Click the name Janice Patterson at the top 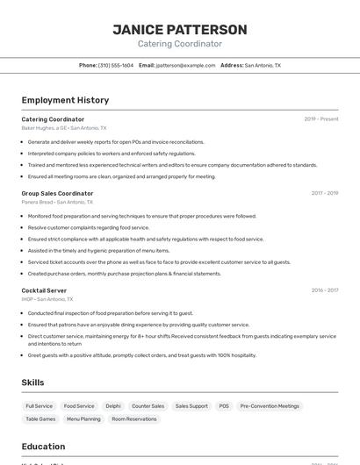[180, 30]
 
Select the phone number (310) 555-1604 [116, 65]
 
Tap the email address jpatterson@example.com [185, 65]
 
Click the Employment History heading [65, 100]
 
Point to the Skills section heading [32, 383]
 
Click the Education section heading [43, 447]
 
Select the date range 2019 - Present [320, 119]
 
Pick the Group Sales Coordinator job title [57, 193]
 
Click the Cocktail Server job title [44, 290]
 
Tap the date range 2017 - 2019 [324, 193]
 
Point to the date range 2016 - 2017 [324, 290]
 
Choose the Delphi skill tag [113, 406]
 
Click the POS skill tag [224, 406]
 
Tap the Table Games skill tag [40, 419]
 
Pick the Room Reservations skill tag [134, 419]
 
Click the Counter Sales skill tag [148, 406]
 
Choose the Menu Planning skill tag [83, 419]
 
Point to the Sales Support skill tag [191, 406]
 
